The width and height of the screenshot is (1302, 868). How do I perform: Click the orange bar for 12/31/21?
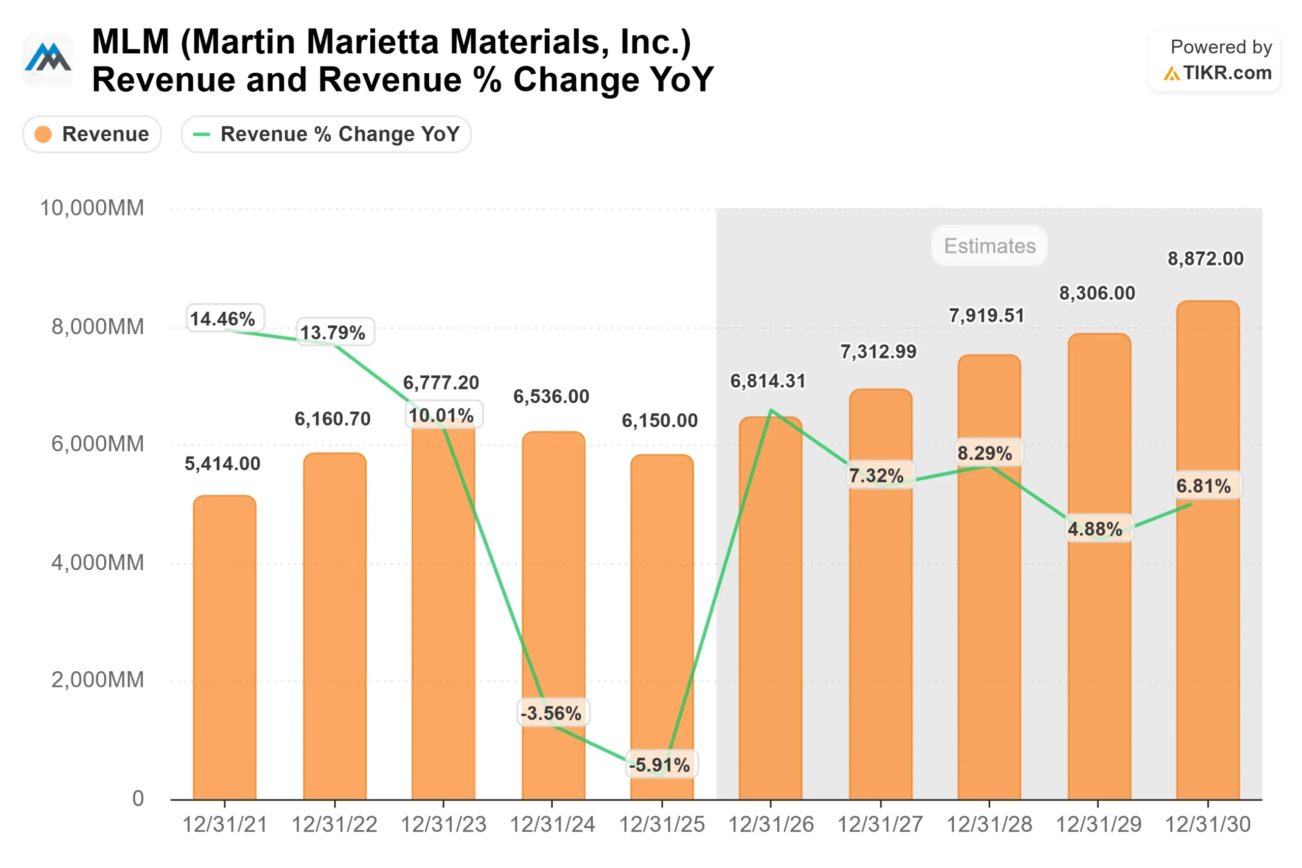click(x=225, y=648)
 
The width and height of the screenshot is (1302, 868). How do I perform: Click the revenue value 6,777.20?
click(x=440, y=382)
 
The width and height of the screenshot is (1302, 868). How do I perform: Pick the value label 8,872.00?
click(x=1206, y=258)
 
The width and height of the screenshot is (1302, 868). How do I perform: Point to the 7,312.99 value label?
click(x=878, y=351)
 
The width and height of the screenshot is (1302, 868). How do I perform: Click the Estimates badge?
click(x=989, y=246)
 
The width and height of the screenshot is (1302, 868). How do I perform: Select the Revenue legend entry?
click(x=92, y=134)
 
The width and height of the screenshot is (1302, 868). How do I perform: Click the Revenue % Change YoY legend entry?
click(x=326, y=134)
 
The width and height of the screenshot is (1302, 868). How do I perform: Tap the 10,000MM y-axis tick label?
click(x=92, y=208)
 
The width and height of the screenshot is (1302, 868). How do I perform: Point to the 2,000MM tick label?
click(x=98, y=680)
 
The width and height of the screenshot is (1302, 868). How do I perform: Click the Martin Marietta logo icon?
click(x=48, y=59)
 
